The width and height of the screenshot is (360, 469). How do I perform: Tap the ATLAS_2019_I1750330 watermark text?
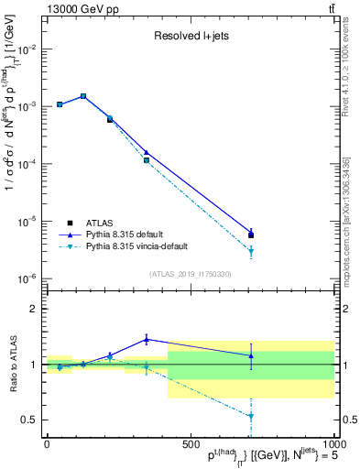coord(190,274)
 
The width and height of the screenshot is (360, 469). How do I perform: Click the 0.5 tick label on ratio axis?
coord(30,420)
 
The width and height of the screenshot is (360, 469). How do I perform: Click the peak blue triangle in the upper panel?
coord(83,95)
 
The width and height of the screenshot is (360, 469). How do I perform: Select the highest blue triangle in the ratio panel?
coord(147,339)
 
